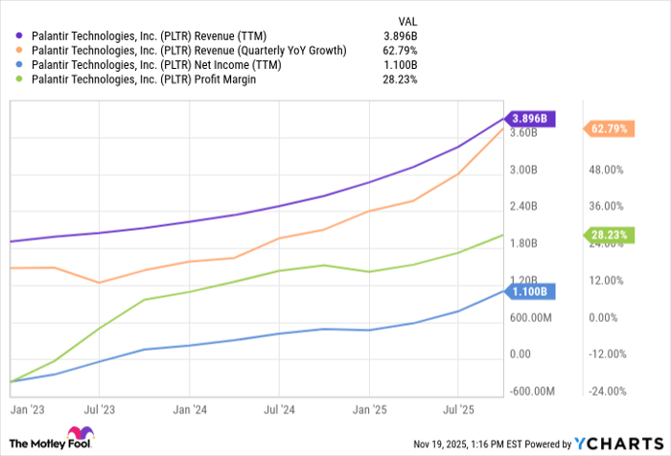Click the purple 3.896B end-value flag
531,118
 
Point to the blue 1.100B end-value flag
531,291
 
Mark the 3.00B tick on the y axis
524,170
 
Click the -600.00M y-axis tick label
531,391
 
